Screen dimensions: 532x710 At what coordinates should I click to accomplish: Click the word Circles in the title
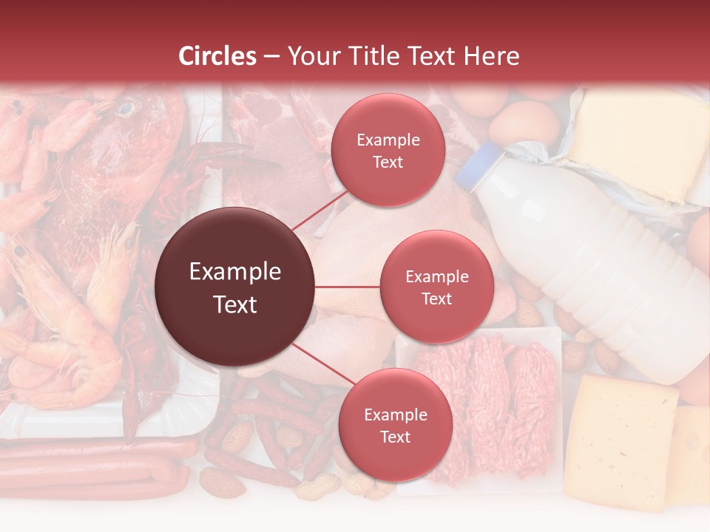click(x=217, y=56)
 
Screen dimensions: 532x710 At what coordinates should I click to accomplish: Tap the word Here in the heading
click(x=492, y=56)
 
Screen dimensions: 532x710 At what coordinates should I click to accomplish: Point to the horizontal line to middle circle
click(x=348, y=287)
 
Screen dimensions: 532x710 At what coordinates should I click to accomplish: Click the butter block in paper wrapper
click(x=636, y=144)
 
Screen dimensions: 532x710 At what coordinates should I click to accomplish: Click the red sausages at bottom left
click(x=89, y=465)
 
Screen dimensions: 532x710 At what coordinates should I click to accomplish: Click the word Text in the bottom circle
click(x=395, y=437)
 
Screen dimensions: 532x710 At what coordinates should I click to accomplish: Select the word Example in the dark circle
click(x=235, y=272)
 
